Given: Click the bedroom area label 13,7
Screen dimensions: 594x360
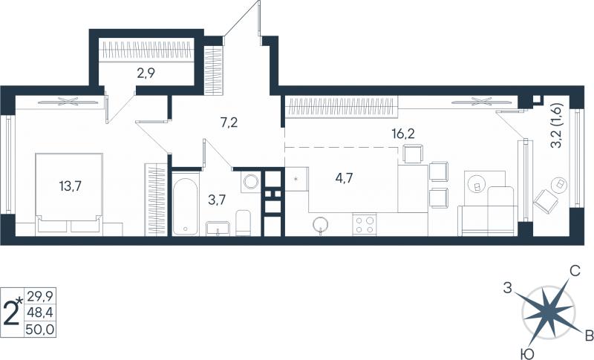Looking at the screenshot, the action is point(71,186).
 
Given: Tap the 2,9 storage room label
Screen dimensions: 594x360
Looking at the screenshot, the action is point(146,73).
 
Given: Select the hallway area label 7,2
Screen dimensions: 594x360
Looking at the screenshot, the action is point(229,122).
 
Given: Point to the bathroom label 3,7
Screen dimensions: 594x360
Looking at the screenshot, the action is point(217,199).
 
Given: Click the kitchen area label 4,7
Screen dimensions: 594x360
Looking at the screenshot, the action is point(344,177).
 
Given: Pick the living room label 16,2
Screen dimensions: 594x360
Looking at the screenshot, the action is point(403,134).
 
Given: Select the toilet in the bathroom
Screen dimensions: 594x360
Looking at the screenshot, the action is point(243,223).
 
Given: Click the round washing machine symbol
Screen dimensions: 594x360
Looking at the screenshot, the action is point(251,182).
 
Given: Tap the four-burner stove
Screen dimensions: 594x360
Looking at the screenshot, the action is point(365,224).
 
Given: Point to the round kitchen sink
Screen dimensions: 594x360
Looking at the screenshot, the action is point(321,224).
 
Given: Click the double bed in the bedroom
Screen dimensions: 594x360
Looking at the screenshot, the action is point(69,192).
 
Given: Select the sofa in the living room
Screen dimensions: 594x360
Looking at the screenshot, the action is point(488,211).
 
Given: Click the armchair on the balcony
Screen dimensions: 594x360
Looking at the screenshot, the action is point(546,201).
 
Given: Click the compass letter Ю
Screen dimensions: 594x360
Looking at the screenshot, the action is point(526,354).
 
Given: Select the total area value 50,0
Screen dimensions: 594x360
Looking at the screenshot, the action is point(40,330).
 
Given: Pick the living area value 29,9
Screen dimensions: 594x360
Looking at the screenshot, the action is point(40,295).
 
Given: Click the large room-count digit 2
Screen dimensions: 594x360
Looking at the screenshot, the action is point(11,313).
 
